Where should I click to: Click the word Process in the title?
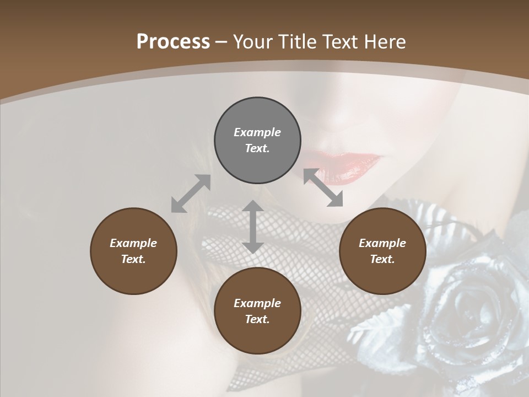pos(173,42)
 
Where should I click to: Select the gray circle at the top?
pos(257,141)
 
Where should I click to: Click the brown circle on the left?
pos(133,251)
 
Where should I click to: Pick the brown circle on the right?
pos(382,251)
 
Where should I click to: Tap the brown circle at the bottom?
pos(257,311)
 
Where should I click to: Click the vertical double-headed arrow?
pos(252,227)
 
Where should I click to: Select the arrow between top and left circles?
pos(191,194)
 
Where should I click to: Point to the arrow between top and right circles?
pos(323,188)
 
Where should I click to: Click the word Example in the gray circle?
pos(257,132)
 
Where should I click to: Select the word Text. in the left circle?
pos(133,259)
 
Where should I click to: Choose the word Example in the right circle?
pos(382,243)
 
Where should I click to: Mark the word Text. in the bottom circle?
pos(257,319)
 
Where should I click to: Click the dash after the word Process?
pos(221,42)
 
